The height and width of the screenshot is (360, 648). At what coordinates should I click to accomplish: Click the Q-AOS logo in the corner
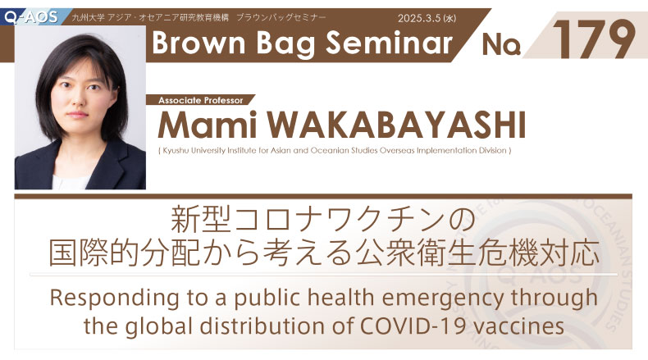pyautogui.click(x=31, y=17)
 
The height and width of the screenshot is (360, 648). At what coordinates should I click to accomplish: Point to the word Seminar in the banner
pyautogui.click(x=389, y=43)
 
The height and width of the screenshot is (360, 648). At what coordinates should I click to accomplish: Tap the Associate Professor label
pyautogui.click(x=201, y=100)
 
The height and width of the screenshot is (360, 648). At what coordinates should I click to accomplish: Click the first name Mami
pyautogui.click(x=207, y=125)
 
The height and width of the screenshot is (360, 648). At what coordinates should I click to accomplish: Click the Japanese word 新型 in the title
pyautogui.click(x=201, y=220)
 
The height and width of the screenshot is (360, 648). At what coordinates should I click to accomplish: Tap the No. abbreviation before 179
pyautogui.click(x=501, y=44)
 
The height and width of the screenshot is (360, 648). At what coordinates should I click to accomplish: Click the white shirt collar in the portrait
pyautogui.click(x=71, y=181)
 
